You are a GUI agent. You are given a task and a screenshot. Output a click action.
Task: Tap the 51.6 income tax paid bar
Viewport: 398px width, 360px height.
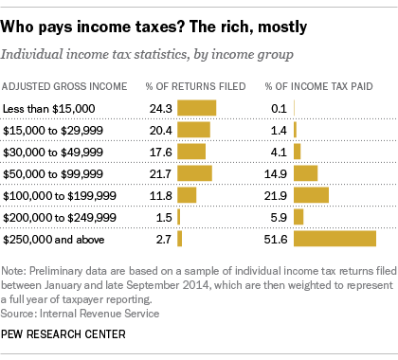[x=335, y=239]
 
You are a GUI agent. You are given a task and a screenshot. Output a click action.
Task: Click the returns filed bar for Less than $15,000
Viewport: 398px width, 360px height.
[x=196, y=107]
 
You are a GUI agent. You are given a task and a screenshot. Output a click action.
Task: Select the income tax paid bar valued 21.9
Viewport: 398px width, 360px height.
[x=311, y=194]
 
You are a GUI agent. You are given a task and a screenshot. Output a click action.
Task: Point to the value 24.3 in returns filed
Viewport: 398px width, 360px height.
[x=159, y=107]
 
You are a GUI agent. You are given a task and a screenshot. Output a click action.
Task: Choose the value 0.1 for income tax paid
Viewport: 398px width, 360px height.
[x=279, y=107]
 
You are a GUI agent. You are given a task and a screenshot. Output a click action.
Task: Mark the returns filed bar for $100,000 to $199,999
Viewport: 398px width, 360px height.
[x=187, y=194]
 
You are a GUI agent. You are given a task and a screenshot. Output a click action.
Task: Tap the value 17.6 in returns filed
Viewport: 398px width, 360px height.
[x=159, y=151]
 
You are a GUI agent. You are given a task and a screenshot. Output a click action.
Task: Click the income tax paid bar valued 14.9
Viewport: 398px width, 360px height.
[x=305, y=172]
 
